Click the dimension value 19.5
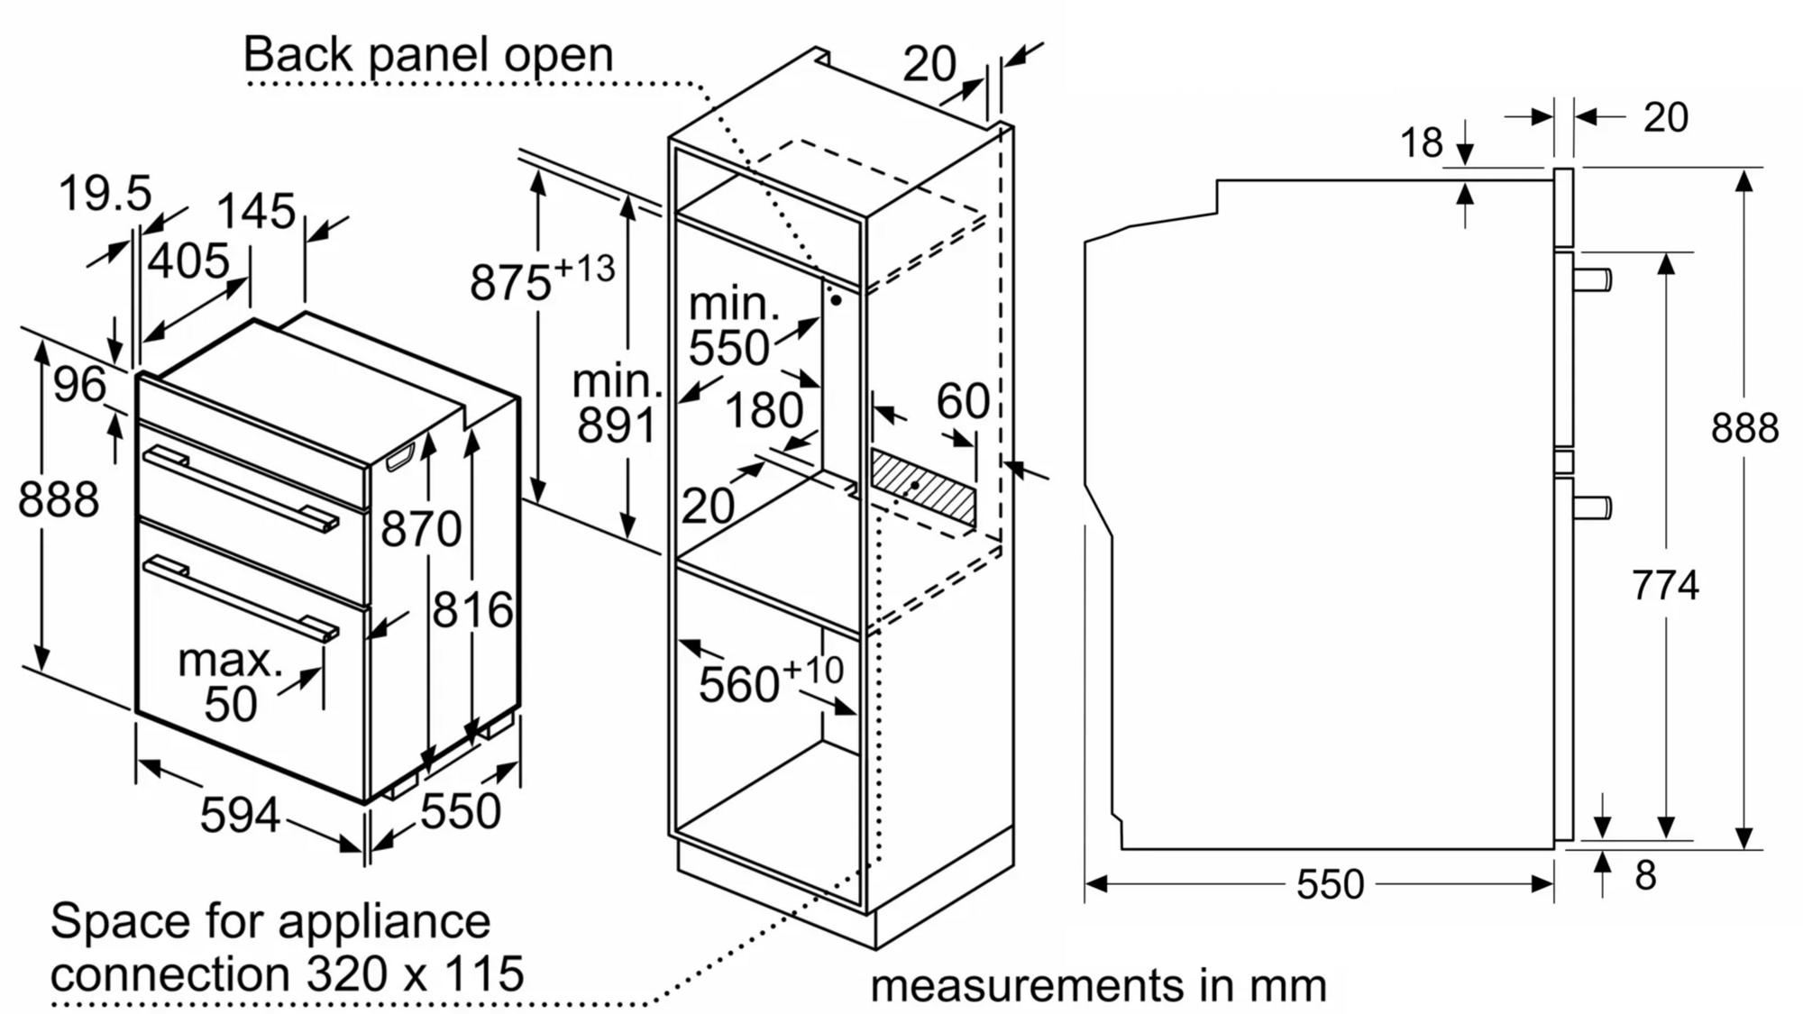pos(105,194)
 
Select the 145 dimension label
pos(256,212)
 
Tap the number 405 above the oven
pos(188,261)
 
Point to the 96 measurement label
pos(79,385)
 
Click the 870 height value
pos(421,529)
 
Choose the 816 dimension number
pos(472,610)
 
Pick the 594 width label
pos(240,816)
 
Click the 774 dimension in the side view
pos(1665,586)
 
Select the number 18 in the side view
pos(1422,142)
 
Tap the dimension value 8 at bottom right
pos(1645,876)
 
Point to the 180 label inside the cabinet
pos(764,411)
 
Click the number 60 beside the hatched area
pos(963,401)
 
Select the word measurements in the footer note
pos(1027,985)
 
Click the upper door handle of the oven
pos(241,488)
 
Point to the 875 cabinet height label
pos(509,282)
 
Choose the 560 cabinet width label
pos(738,685)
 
